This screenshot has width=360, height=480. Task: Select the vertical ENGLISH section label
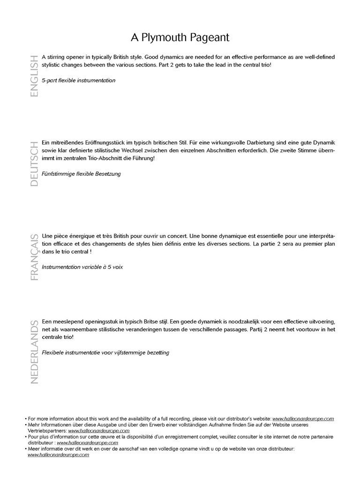pos(34,75)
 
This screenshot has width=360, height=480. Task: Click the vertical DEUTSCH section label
pos(34,164)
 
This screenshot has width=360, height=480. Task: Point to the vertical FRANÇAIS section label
pos(34,256)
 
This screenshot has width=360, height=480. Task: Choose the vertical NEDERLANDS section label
pos(34,352)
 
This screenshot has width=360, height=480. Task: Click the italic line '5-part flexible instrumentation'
pos(78,81)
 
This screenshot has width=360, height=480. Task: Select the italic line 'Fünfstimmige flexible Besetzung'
pos(81,174)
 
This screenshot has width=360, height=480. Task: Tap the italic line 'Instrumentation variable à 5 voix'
pos(82,267)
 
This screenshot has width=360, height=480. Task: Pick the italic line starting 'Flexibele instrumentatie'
pos(105,352)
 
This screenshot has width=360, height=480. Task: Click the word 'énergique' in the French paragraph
pos(81,236)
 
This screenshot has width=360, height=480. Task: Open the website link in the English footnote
pos(303,419)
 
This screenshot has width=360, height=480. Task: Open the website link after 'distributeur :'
pos(88,442)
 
